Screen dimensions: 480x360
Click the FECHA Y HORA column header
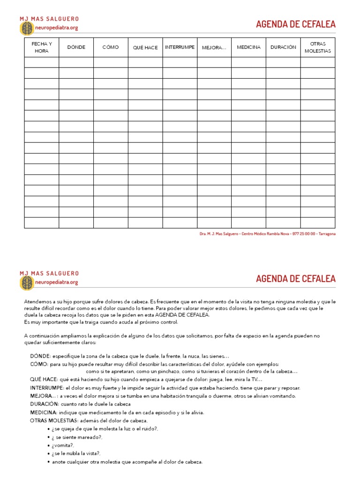[x=42, y=47]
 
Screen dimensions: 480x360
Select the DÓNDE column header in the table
[x=76, y=47]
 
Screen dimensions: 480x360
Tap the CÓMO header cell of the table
[x=111, y=47]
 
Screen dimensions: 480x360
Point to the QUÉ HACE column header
[x=145, y=48]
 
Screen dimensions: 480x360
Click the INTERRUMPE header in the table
[x=180, y=47]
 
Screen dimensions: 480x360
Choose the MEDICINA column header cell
[x=248, y=47]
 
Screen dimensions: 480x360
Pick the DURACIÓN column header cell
[x=283, y=47]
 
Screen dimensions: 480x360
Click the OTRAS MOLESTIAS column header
[x=317, y=47]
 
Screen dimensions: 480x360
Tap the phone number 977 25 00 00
[x=303, y=233]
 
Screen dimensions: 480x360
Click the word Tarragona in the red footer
[x=327, y=233]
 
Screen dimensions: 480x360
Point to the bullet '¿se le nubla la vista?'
[x=76, y=453]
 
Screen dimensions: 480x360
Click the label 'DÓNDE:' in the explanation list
[x=41, y=356]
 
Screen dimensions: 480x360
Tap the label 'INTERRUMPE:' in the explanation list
[x=47, y=388]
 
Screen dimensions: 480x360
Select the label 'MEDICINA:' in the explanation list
[x=44, y=412]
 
